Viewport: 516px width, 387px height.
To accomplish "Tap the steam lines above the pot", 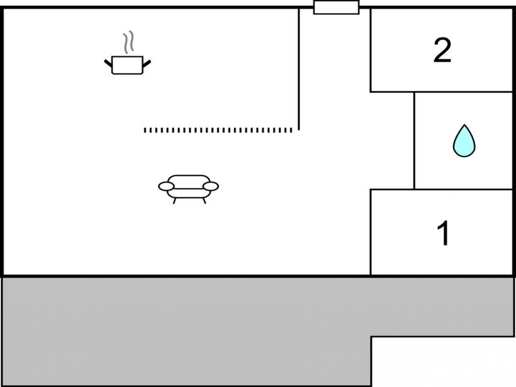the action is [128, 42].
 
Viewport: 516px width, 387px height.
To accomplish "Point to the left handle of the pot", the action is [108, 63].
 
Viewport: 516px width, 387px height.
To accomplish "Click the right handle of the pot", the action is [147, 63].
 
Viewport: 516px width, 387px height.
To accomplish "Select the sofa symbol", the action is [189, 189].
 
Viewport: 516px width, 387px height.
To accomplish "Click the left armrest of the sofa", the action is [166, 186].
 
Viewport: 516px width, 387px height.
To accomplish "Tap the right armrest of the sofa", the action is [211, 186].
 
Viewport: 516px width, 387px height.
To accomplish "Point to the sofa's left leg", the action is [174, 201].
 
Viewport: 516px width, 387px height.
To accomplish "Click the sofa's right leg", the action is [204, 201].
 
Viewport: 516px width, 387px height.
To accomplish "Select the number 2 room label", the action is [443, 50].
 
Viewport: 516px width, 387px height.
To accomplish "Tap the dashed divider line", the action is [218, 130].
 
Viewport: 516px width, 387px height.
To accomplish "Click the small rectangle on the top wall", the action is [336, 7].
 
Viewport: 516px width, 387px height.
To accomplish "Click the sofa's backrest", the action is [189, 182].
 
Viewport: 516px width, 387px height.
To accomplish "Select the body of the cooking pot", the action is [127, 65].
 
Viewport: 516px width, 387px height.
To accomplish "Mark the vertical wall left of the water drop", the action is [414, 141].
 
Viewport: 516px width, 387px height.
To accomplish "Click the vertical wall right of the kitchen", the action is [299, 69].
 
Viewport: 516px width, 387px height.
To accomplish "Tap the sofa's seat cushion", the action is [189, 193].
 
